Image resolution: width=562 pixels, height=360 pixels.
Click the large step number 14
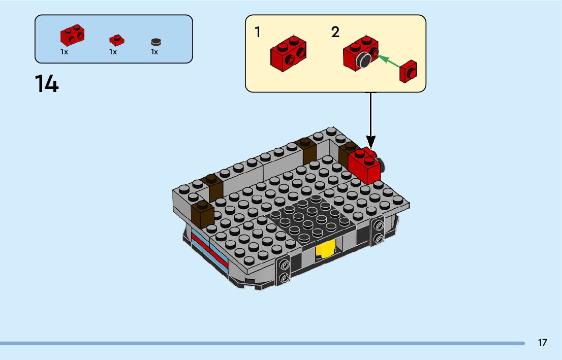[47, 84]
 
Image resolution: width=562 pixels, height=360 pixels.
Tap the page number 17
[542, 342]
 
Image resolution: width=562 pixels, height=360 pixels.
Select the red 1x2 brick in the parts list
[72, 35]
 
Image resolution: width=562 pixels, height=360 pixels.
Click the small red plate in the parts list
[117, 40]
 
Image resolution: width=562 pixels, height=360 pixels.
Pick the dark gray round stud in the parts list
[156, 42]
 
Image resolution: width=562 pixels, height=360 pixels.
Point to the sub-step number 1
[257, 32]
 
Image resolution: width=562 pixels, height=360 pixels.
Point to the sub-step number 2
[335, 32]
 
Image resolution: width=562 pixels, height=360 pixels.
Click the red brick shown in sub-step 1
[289, 53]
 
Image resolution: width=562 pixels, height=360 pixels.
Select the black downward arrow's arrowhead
[370, 142]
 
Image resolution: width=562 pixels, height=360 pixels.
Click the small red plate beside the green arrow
[409, 71]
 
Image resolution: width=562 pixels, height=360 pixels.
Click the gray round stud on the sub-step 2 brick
[363, 60]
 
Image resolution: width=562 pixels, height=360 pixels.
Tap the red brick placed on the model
[364, 165]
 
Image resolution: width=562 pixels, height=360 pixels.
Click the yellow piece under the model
[325, 249]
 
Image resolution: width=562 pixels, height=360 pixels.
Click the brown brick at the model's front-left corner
[203, 214]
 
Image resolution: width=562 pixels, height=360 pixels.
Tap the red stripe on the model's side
[210, 249]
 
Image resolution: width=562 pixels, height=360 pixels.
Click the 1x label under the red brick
[64, 52]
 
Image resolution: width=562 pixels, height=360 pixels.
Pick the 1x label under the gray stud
[154, 52]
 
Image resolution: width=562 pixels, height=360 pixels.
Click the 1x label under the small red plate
[113, 52]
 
